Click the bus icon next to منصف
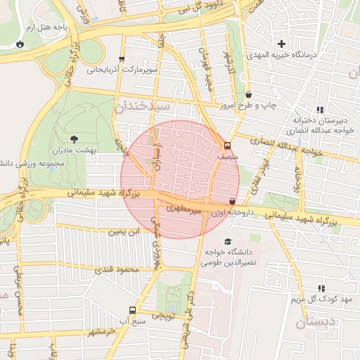226,147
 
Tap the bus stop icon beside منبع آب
133,310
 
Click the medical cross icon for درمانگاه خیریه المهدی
281,44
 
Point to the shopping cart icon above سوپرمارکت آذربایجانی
122,60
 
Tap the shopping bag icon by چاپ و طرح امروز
249,95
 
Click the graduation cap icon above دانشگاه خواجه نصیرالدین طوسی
226,242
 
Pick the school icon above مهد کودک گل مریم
322,288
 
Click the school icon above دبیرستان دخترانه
320,110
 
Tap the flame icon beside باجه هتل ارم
20,44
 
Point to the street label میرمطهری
184,209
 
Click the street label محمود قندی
115,270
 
